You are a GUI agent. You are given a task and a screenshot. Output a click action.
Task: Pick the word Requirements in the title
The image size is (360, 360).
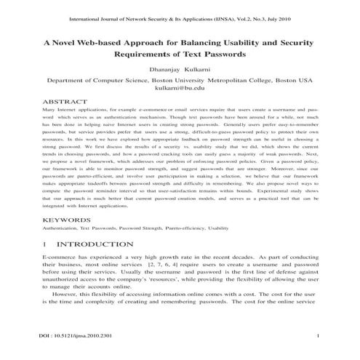coord(146,55)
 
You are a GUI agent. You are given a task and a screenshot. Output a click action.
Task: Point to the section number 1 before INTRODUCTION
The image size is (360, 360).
coord(46,244)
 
